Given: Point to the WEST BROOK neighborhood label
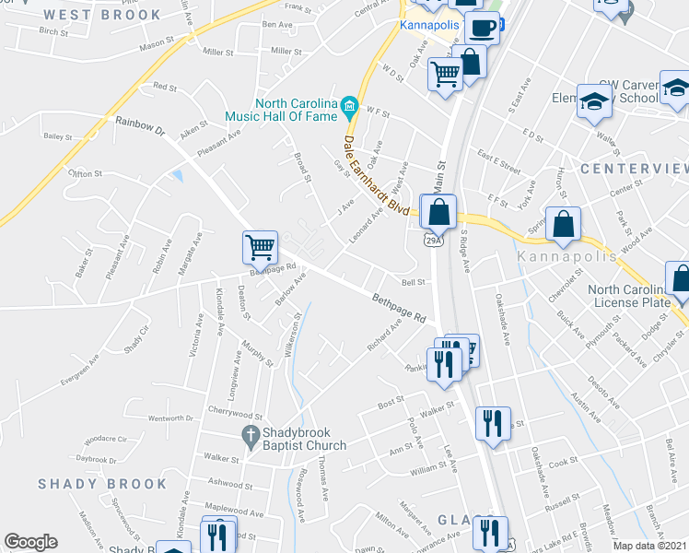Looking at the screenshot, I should [101, 15].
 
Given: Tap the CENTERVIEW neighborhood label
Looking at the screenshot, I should [635, 169].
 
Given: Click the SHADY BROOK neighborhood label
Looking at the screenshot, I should [102, 484].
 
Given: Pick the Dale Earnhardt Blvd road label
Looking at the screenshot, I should [376, 176].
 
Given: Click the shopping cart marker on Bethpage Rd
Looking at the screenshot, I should [260, 247].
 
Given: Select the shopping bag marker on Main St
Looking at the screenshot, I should [440, 211].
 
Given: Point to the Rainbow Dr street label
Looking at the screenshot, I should [139, 126].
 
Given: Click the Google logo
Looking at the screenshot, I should [30, 542].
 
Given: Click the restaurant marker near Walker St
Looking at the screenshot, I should [492, 423].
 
